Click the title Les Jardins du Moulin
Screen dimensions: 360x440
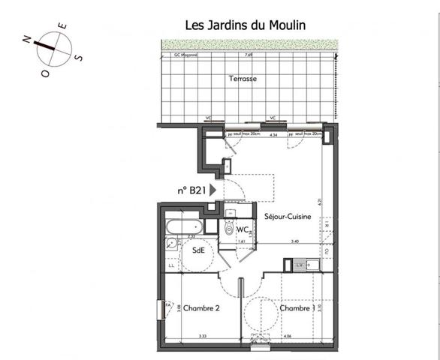[x=245, y=25]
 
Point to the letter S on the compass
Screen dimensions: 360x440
[x=80, y=57]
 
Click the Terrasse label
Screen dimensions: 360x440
[x=243, y=78]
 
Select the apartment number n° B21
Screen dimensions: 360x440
[x=191, y=190]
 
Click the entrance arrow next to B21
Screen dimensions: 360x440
[x=214, y=190]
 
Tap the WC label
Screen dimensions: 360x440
[x=243, y=229]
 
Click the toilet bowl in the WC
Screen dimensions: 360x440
[x=228, y=231]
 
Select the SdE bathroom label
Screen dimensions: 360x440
[x=198, y=250]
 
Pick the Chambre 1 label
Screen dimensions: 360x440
[x=297, y=308]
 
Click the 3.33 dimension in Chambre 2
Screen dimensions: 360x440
[x=202, y=336]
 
